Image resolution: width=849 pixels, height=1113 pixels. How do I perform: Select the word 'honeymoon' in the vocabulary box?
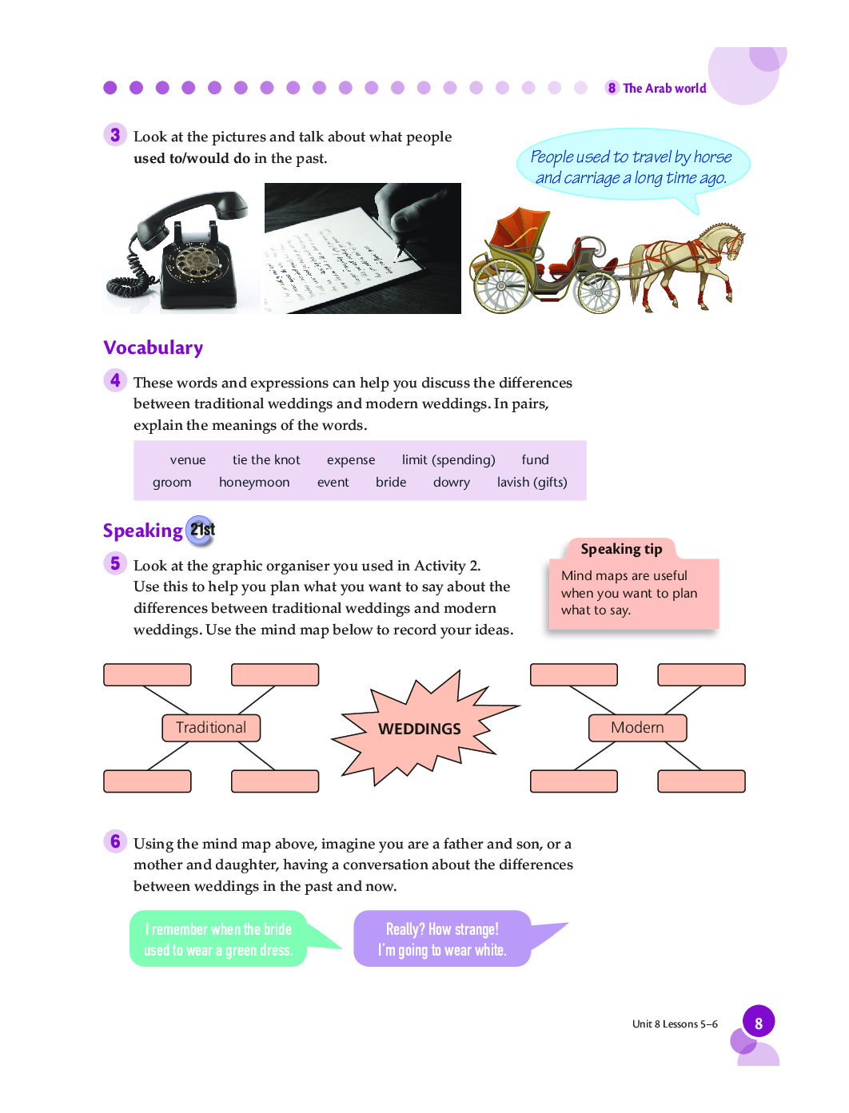click(x=254, y=482)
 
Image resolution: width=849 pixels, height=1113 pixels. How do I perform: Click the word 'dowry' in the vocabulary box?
click(x=451, y=482)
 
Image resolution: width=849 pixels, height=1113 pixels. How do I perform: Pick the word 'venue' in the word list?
click(x=188, y=459)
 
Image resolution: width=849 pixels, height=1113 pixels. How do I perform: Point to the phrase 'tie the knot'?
click(x=266, y=459)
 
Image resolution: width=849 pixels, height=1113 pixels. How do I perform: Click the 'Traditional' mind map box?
click(x=211, y=728)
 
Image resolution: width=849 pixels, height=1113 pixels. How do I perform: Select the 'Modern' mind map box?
click(x=637, y=728)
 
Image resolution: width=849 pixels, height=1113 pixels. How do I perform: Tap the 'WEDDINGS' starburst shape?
click(x=420, y=728)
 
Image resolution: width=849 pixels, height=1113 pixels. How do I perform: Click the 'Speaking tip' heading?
click(x=621, y=549)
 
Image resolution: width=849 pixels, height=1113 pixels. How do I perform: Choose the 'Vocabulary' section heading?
click(x=153, y=348)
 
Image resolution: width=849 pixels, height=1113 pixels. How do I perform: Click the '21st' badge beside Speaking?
click(x=201, y=530)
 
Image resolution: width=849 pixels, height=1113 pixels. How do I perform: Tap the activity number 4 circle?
click(x=115, y=380)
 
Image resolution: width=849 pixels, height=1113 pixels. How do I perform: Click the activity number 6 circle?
click(x=115, y=841)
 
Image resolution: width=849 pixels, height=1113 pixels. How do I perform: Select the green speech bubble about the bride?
click(x=218, y=940)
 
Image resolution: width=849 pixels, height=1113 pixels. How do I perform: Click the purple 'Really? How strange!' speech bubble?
click(x=442, y=940)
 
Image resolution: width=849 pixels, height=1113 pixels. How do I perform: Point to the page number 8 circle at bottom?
click(x=758, y=1023)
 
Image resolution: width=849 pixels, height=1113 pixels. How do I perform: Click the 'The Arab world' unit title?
click(x=664, y=88)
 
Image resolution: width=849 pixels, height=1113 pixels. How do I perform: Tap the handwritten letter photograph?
click(x=362, y=248)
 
